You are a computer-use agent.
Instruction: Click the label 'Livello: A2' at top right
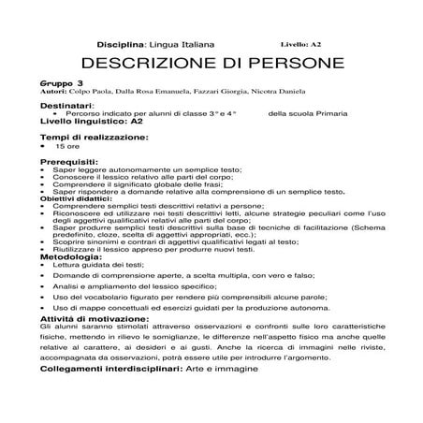point(300,44)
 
